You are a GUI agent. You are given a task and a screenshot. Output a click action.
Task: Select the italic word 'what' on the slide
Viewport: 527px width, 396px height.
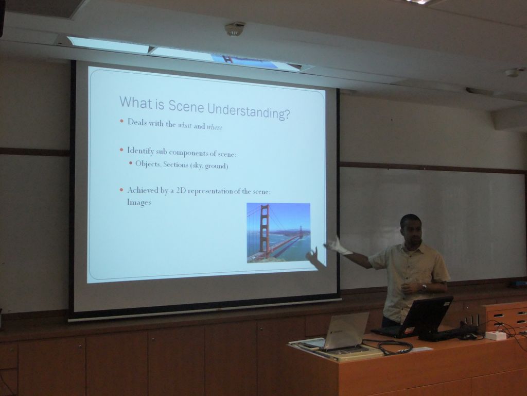click(x=185, y=126)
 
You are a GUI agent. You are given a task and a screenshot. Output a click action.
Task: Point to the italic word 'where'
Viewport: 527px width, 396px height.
click(x=215, y=127)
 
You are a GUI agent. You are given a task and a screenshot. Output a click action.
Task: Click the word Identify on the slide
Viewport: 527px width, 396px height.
click(x=140, y=151)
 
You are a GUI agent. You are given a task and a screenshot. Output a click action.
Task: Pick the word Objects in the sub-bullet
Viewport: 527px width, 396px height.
click(x=148, y=164)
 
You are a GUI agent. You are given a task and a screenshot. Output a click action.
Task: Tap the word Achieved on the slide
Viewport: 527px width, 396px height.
click(x=143, y=191)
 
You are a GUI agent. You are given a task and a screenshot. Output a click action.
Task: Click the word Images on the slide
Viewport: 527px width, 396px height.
click(x=139, y=202)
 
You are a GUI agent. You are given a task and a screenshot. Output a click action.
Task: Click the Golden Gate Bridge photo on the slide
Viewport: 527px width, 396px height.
click(x=278, y=233)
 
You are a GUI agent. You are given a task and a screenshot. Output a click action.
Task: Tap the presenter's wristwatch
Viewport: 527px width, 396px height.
click(x=424, y=287)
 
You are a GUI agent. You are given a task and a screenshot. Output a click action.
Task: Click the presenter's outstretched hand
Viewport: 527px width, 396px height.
click(x=337, y=245)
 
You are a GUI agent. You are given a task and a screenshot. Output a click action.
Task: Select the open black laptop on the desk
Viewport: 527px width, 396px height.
click(x=415, y=317)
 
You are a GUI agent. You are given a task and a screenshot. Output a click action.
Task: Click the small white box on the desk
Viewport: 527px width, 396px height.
click(x=496, y=335)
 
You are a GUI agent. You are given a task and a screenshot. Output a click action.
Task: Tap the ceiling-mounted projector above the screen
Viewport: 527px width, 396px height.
click(x=235, y=28)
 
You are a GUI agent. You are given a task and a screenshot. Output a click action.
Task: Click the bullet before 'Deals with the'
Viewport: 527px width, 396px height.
click(x=121, y=121)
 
